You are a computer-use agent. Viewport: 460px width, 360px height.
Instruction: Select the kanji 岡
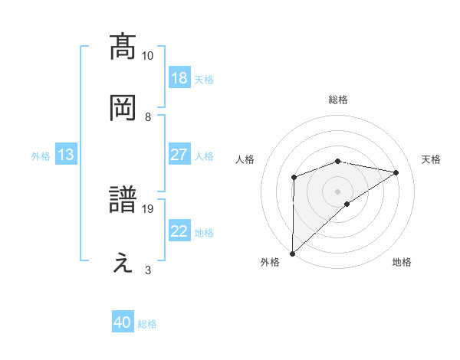click(x=123, y=108)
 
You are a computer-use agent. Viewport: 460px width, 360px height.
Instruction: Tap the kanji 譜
click(x=123, y=201)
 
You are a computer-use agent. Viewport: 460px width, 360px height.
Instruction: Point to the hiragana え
click(x=123, y=263)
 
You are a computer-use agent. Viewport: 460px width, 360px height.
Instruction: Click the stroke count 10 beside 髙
click(x=148, y=56)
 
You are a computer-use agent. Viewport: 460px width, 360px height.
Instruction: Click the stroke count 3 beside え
click(x=148, y=270)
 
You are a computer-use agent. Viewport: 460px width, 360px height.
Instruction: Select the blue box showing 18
click(x=179, y=78)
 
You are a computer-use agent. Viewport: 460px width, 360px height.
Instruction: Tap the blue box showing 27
click(x=179, y=155)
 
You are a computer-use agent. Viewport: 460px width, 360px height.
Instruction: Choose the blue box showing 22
click(x=179, y=231)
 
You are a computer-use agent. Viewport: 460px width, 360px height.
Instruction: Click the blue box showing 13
click(x=65, y=155)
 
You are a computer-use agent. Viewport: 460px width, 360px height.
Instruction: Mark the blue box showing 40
click(x=123, y=323)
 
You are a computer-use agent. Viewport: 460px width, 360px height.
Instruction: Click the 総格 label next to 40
click(x=147, y=324)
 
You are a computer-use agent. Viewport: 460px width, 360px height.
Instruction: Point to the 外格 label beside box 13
click(x=41, y=155)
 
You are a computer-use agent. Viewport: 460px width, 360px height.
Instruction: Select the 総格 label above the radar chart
click(x=338, y=100)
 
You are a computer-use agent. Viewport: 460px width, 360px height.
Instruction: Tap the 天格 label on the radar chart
click(x=431, y=159)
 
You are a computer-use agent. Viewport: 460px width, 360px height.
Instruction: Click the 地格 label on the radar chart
click(x=402, y=263)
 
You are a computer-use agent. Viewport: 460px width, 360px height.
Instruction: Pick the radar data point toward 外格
click(x=292, y=253)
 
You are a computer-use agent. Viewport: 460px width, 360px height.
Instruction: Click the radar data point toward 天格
click(x=396, y=172)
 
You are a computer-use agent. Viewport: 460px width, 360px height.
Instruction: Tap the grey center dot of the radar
click(x=338, y=191)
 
